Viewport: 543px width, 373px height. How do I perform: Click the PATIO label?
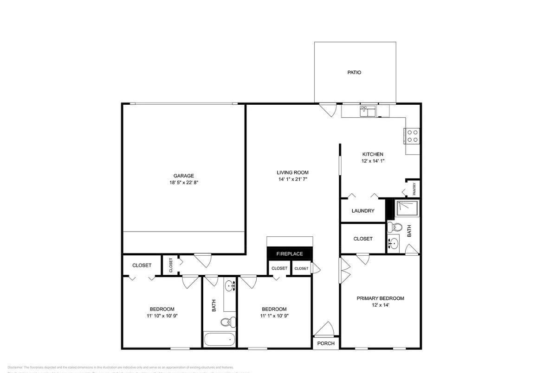354,73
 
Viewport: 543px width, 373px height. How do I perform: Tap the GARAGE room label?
184,176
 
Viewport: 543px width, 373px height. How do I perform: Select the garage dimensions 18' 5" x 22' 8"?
184,183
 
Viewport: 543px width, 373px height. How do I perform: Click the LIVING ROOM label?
292,173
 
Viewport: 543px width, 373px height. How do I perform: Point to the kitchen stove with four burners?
412,135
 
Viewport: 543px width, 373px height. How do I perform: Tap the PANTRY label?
414,189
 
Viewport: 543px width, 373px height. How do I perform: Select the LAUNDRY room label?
363,211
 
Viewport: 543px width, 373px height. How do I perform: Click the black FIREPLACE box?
290,254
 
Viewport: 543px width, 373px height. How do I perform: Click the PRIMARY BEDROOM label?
380,298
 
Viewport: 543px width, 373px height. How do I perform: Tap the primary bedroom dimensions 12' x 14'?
380,305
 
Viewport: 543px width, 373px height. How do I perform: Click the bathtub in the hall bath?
220,339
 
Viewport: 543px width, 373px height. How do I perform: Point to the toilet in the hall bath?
227,322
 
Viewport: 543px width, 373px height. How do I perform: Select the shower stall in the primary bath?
407,208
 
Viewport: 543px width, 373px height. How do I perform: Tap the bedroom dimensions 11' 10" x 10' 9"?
162,316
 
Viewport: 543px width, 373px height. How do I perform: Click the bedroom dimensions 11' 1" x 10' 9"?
274,316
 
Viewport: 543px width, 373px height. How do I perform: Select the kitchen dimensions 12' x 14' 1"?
373,161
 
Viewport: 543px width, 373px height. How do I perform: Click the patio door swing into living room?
329,110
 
